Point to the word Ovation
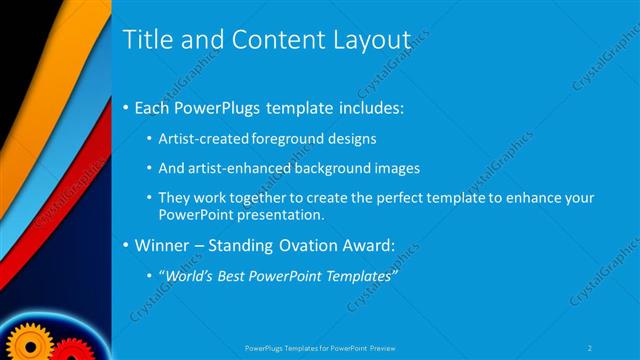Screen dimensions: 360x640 click(300, 245)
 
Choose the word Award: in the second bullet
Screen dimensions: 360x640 click(365, 245)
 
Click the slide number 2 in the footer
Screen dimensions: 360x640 click(590, 348)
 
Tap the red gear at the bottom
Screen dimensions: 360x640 click(68, 351)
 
